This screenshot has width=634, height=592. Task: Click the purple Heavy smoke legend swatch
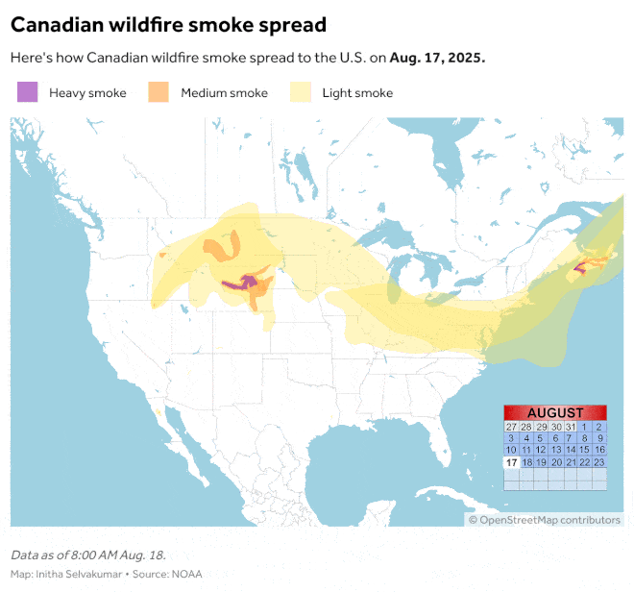point(28,92)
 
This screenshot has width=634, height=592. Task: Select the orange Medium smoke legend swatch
point(158,92)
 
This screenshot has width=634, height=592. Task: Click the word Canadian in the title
point(60,24)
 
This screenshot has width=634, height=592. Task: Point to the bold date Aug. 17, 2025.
point(437,58)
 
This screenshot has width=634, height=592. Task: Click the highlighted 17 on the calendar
point(511,462)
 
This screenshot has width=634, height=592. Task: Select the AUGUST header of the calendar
point(555,412)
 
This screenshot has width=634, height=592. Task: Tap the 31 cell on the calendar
point(571,427)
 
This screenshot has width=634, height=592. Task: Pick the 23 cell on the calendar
point(599,462)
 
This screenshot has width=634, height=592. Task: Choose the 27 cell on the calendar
point(511,427)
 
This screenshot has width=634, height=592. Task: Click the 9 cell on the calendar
point(599,438)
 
